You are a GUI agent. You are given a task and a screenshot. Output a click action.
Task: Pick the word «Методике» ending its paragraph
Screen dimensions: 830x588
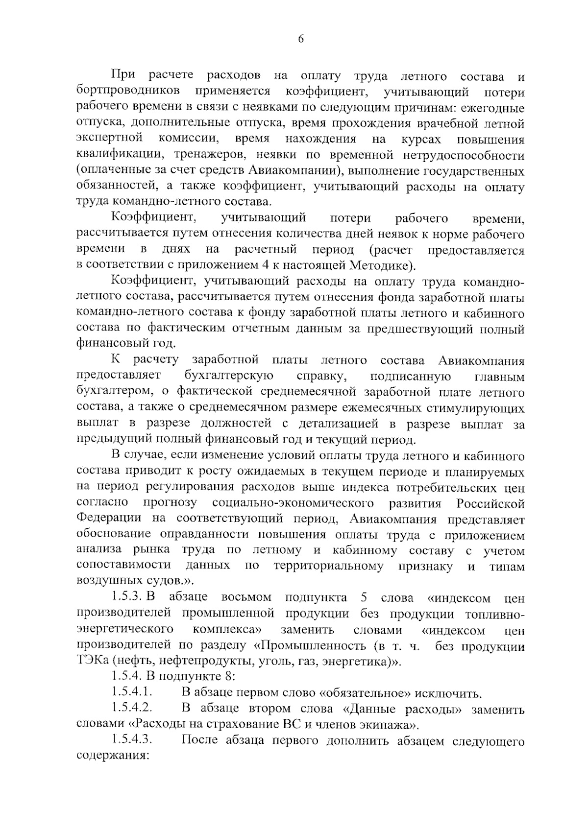[380, 265]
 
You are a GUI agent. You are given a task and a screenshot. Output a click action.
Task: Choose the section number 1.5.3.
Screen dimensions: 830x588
[127, 597]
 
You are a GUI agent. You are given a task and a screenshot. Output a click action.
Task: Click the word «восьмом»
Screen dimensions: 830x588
[246, 597]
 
